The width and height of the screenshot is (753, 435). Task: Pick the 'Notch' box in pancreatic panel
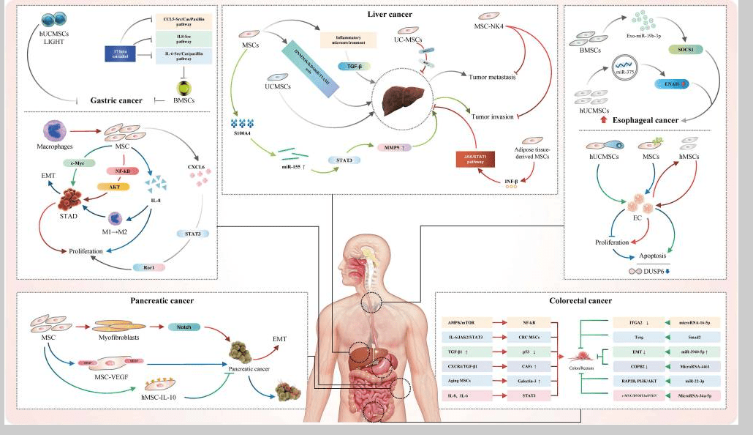[184, 327]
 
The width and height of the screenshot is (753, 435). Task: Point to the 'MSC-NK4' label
[490, 28]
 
